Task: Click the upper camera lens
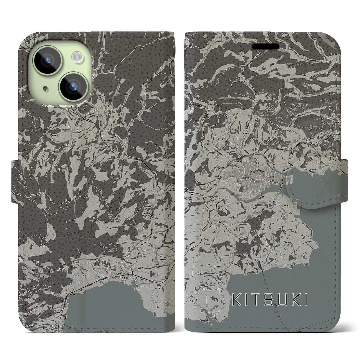click(x=48, y=60)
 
